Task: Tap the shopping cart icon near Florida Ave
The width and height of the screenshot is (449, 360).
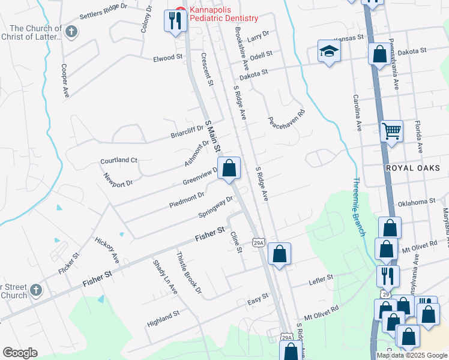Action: pyautogui.click(x=391, y=130)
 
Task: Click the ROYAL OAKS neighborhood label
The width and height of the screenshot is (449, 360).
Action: pyautogui.click(x=412, y=168)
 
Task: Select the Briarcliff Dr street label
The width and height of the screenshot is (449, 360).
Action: pyautogui.click(x=187, y=130)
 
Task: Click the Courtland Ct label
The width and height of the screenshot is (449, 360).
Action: pyautogui.click(x=119, y=160)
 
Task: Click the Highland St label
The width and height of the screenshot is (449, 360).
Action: pyautogui.click(x=163, y=318)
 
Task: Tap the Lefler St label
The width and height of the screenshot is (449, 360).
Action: pyautogui.click(x=321, y=278)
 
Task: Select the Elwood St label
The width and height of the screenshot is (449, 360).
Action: pyautogui.click(x=167, y=58)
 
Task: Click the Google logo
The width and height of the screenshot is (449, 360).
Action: pyautogui.click(x=20, y=353)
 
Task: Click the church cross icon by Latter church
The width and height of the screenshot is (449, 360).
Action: pyautogui.click(x=71, y=32)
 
